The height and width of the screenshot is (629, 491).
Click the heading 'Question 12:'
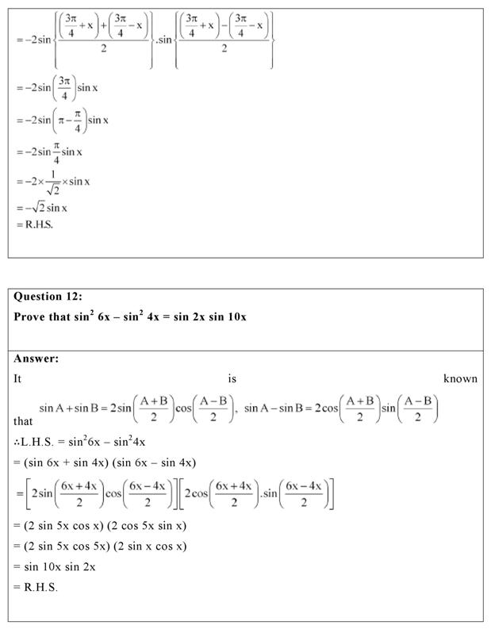(48, 297)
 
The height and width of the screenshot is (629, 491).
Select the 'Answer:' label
(36, 359)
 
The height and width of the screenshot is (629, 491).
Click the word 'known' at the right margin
(460, 378)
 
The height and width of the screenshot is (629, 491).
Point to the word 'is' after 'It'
(232, 378)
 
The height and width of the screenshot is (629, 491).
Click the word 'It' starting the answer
(18, 378)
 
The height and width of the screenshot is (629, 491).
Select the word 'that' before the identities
(24, 422)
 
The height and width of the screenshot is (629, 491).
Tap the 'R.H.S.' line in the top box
(40, 224)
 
